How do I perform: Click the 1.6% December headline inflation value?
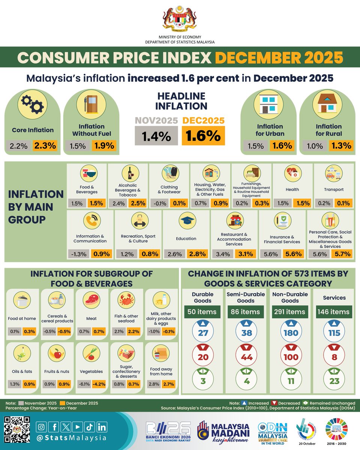pos(203,136)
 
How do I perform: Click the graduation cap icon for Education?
pos(186,222)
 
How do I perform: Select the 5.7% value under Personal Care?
pos(341,254)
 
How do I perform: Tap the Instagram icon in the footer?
pos(42,426)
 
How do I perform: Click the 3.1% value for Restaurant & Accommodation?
pos(246,254)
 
